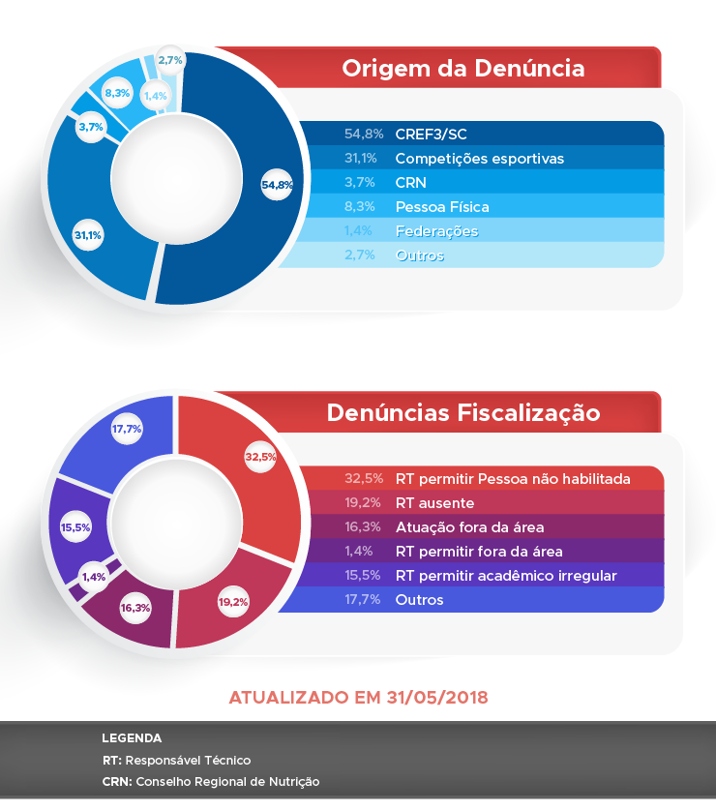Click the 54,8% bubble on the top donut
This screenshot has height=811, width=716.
pos(277,185)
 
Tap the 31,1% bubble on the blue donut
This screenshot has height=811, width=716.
pos(88,234)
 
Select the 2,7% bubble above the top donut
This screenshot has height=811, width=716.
pos(170,60)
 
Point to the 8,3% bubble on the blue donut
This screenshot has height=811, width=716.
pos(118,93)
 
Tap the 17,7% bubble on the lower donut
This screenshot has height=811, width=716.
pos(128,429)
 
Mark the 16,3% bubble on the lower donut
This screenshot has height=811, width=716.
pos(134,608)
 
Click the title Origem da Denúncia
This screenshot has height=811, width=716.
pos(462,69)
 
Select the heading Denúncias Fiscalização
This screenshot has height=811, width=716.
pos(462,413)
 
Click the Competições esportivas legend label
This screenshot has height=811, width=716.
pos(479,158)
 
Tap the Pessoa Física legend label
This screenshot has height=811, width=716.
pos(442,206)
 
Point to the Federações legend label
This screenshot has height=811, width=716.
pos(436,231)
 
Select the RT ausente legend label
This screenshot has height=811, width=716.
pos(434,503)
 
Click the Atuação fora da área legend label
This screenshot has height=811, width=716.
pos(469,527)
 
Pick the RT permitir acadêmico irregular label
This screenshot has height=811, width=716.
pos(505,576)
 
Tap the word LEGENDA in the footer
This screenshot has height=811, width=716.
pos(132,738)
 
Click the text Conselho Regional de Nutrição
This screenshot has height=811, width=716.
pos(227,781)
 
